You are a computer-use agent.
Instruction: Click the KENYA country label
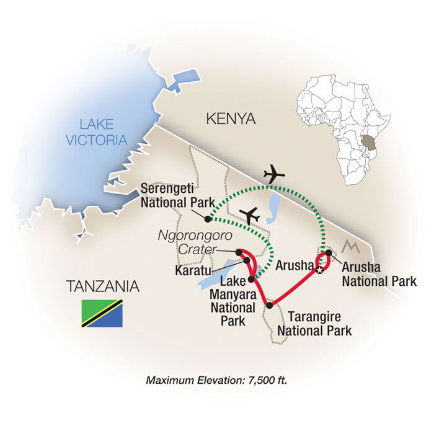tap(231, 119)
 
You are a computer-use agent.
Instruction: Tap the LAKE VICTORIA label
tap(97, 132)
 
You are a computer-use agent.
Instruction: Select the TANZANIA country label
tap(102, 286)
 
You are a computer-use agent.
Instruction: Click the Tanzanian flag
tap(102, 313)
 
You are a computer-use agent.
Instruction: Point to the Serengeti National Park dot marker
tap(208, 219)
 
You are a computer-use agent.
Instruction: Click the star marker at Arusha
tap(319, 270)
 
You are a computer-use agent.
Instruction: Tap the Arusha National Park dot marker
tap(329, 253)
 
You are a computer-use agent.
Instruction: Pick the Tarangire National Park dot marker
tap(269, 305)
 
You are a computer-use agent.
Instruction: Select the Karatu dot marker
tap(247, 260)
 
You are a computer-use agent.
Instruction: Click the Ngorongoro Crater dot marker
tap(239, 252)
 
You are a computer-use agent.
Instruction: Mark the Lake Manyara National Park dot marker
tap(251, 279)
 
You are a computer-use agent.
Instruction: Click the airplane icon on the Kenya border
tap(274, 174)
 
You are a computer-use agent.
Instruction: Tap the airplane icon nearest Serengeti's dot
tap(249, 216)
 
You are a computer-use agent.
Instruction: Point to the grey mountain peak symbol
tap(350, 247)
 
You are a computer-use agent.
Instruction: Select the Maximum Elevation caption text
tap(217, 380)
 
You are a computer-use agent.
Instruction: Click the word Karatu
tap(193, 270)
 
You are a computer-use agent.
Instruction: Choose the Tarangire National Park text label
tap(314, 324)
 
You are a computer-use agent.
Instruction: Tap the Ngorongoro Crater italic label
tap(195, 242)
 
